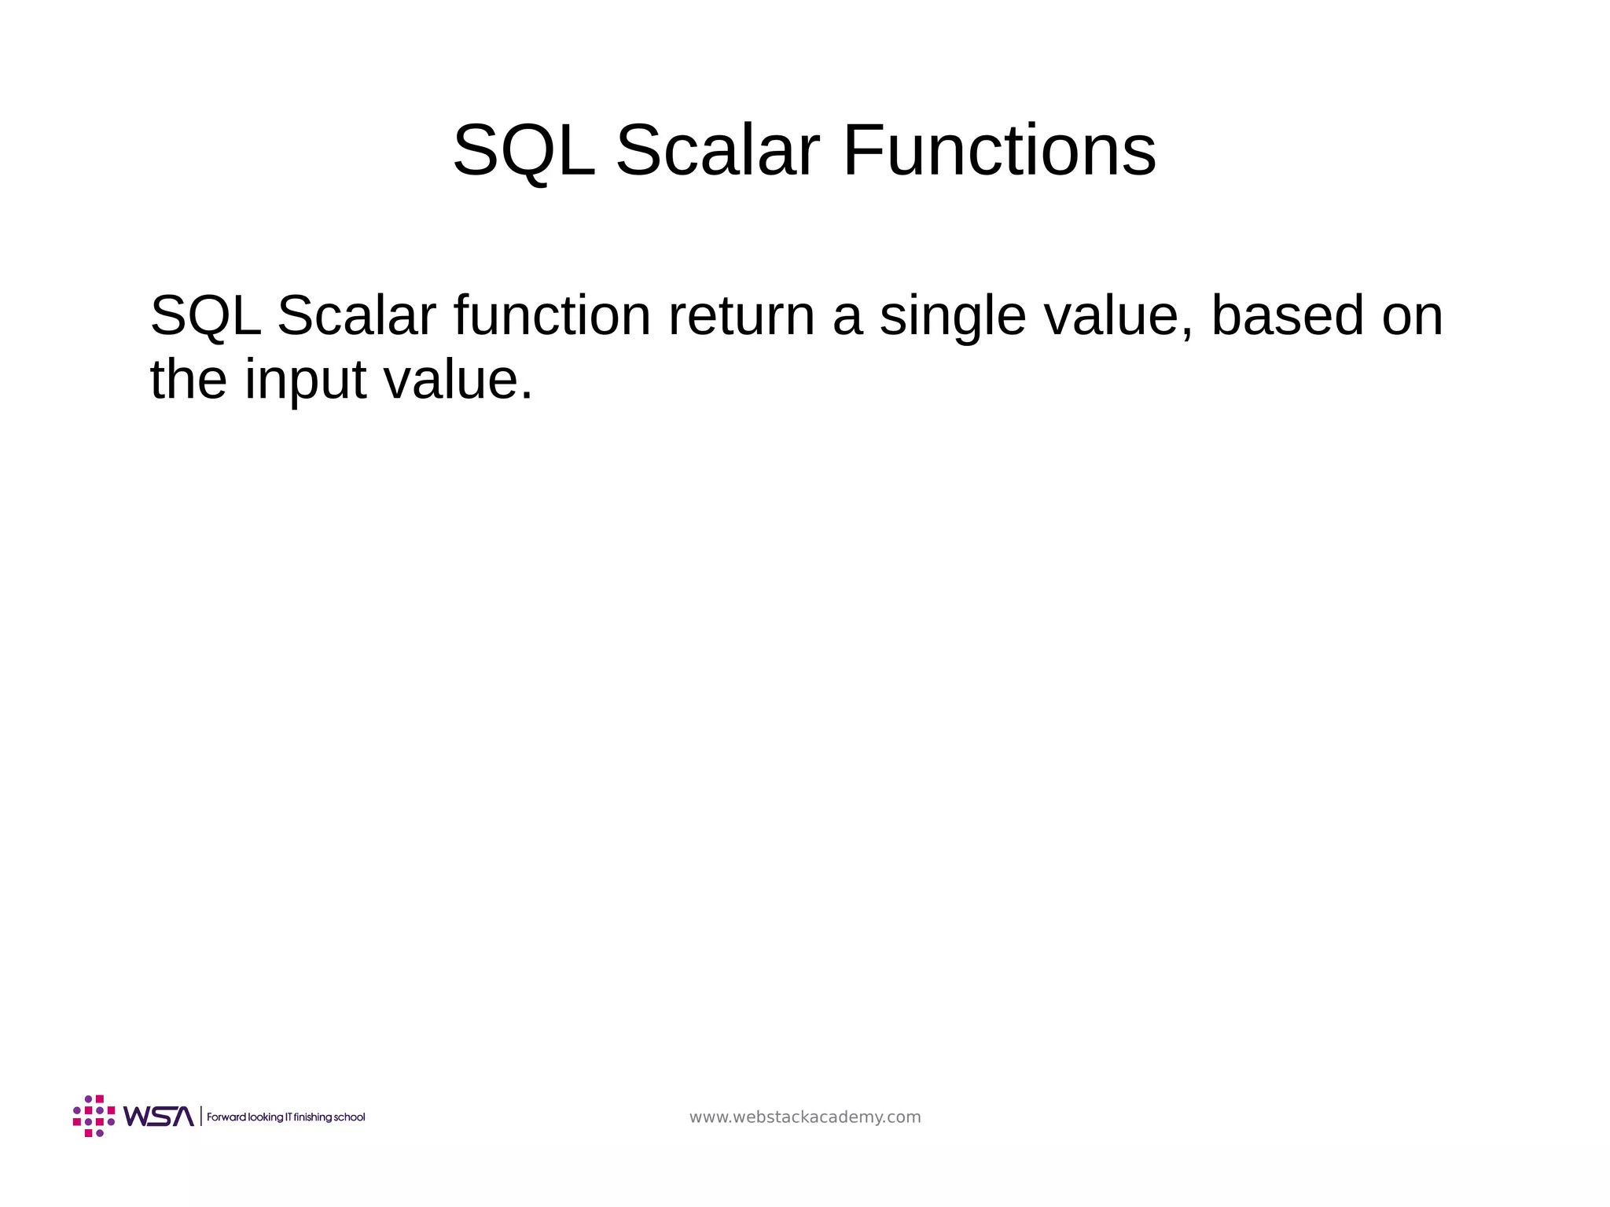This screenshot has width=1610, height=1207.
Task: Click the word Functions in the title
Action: (998, 151)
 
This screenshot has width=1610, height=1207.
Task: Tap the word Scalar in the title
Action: (717, 151)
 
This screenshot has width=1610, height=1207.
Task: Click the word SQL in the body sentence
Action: (205, 316)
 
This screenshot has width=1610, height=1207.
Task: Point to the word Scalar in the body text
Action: (356, 316)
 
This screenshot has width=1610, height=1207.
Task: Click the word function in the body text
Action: (552, 316)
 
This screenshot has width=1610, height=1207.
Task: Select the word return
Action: (741, 316)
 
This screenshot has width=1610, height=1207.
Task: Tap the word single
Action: (952, 316)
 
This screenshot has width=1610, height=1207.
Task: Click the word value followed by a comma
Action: (1117, 316)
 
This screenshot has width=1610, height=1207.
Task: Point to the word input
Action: (305, 381)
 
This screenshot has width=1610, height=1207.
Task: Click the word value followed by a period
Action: (457, 381)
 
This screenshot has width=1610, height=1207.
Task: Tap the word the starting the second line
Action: (188, 381)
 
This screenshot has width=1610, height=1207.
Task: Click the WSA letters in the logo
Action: (158, 1117)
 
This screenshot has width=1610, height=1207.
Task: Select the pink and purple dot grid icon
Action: (94, 1116)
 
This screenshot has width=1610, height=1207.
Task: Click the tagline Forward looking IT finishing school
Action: (286, 1117)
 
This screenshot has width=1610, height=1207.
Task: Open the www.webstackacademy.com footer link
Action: (805, 1117)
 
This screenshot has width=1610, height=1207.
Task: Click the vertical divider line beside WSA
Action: (201, 1117)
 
